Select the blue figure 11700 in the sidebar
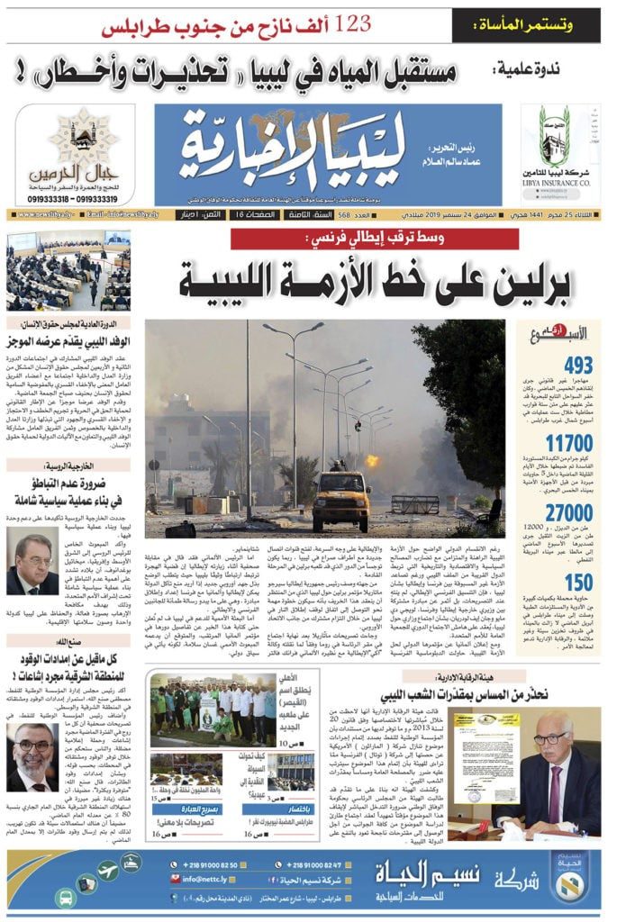coord(569,443)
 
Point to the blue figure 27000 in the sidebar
coord(568,511)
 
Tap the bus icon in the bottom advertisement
coord(65,897)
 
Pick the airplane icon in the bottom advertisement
coord(108,871)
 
